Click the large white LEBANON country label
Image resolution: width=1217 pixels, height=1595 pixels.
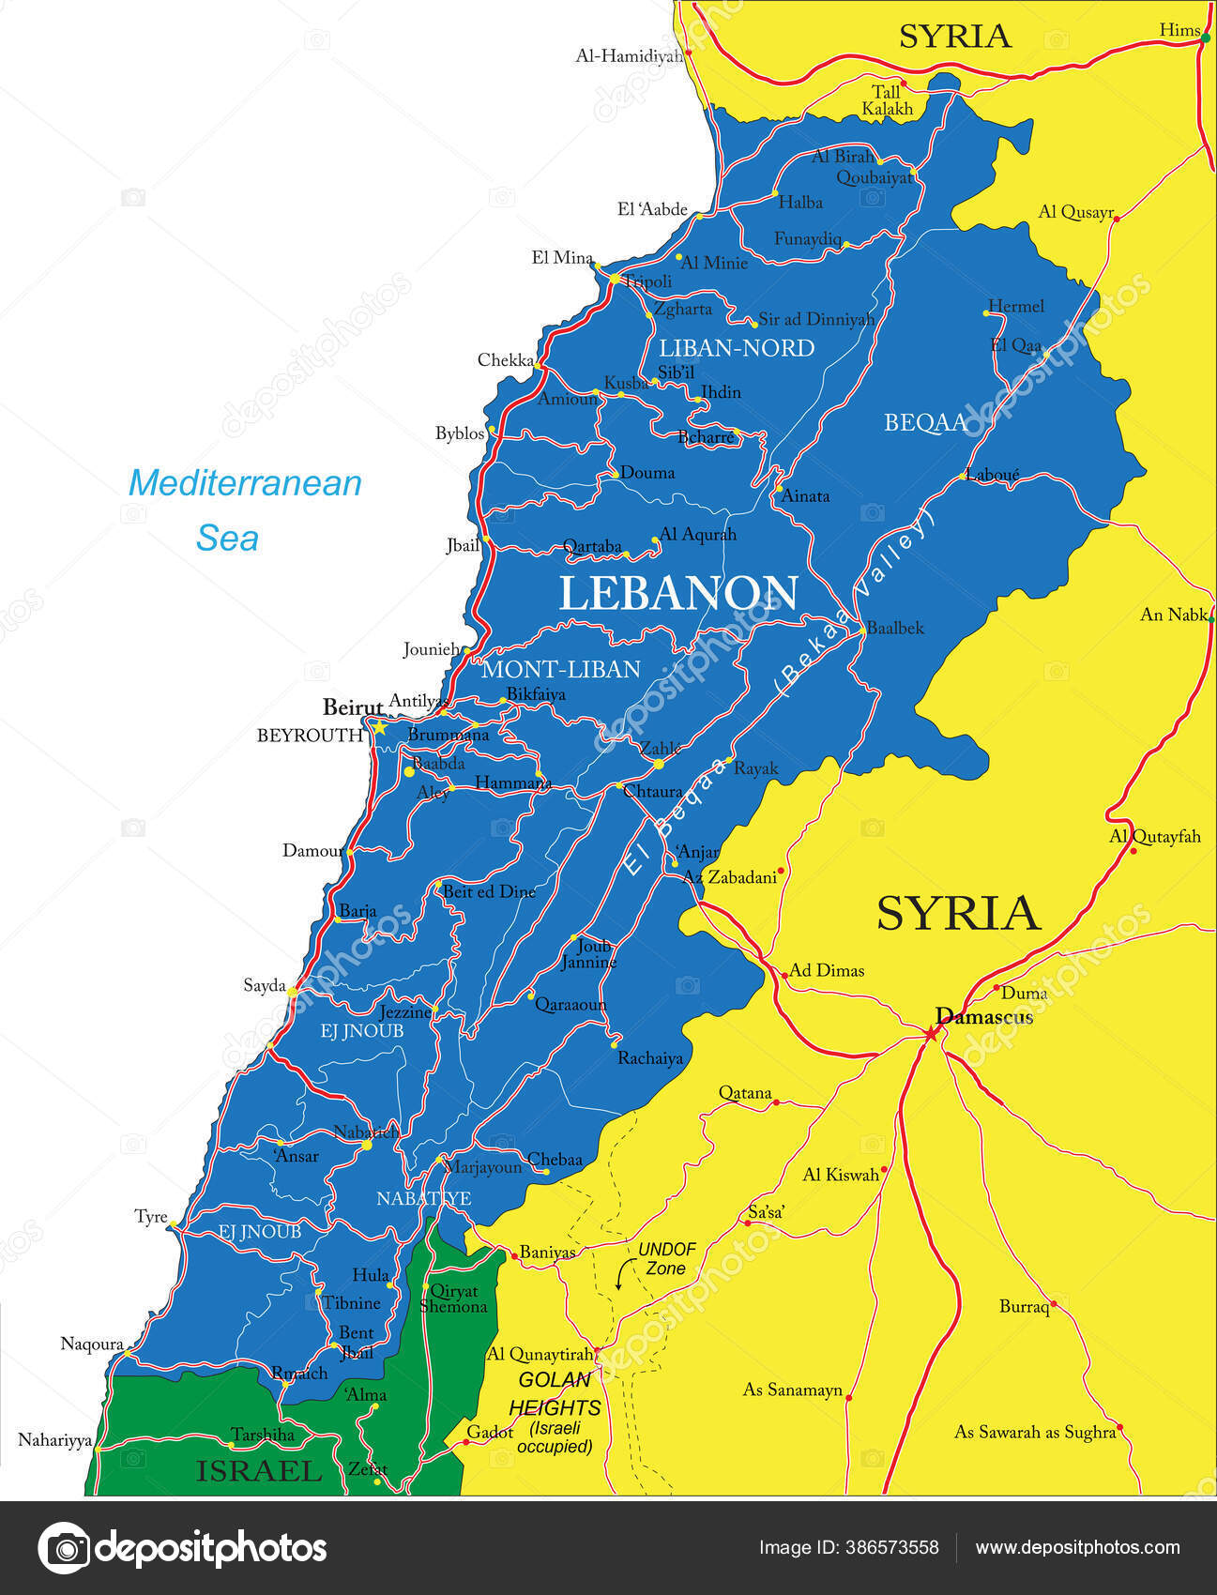(678, 593)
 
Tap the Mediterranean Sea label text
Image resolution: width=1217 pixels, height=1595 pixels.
(244, 509)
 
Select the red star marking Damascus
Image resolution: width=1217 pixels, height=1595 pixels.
(930, 1033)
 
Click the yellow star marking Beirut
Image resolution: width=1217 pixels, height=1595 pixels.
(380, 726)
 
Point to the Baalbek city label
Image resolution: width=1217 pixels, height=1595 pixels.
(894, 629)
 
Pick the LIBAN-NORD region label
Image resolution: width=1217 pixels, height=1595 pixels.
(737, 348)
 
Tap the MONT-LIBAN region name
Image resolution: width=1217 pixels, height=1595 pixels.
(560, 669)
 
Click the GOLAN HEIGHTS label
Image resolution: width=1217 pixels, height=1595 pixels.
(555, 1393)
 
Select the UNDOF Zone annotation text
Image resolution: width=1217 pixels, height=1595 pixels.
(666, 1259)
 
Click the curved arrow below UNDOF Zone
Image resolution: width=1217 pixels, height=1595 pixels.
(620, 1276)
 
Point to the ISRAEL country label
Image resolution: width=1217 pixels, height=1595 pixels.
(259, 1471)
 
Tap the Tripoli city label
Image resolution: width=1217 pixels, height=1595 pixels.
(648, 281)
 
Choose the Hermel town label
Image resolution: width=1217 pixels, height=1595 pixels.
(1016, 307)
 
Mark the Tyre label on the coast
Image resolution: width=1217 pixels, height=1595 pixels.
(150, 1217)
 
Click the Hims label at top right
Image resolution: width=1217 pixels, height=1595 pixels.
(1179, 30)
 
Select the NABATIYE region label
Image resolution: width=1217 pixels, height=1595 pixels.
(423, 1198)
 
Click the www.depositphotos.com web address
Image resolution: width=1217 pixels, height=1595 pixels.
(1077, 1547)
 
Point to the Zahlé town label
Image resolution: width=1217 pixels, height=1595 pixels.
(661, 749)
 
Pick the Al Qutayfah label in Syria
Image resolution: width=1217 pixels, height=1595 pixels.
(1155, 836)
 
